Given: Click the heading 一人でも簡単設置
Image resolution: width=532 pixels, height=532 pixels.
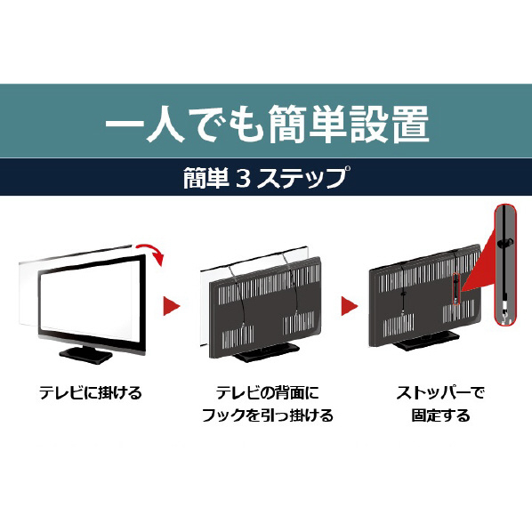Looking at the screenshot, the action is [267, 124].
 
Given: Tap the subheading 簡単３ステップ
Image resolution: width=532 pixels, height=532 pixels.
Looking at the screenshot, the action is [265, 177].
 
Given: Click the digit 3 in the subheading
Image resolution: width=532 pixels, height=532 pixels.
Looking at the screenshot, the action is [243, 178].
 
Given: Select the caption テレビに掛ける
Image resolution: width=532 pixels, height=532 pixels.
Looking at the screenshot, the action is [90, 393].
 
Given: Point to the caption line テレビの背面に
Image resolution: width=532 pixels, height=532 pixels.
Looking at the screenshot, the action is [268, 393].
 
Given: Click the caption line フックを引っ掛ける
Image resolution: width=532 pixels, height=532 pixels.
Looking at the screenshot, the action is [268, 415].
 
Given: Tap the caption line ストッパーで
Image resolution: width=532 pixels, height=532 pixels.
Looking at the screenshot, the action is [440, 393].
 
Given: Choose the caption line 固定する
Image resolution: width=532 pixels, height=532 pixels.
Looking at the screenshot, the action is [440, 415].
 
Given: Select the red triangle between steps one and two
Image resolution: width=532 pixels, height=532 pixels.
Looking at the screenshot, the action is [171, 306].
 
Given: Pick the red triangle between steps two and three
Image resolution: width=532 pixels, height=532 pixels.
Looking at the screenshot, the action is [349, 306].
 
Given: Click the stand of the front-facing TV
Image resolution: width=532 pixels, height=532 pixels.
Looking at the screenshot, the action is [85, 355].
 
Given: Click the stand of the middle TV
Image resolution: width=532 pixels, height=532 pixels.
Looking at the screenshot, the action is [266, 352].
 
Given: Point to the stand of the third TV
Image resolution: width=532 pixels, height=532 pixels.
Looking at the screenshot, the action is [426, 341].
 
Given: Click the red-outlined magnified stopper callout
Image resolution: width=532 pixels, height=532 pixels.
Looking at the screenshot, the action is [505, 264].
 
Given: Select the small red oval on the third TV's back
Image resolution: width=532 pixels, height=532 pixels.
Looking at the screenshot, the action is [456, 289].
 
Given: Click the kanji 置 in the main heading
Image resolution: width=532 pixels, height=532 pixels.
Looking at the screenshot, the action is [411, 124].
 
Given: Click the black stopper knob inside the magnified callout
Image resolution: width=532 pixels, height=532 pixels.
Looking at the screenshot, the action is [505, 243].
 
